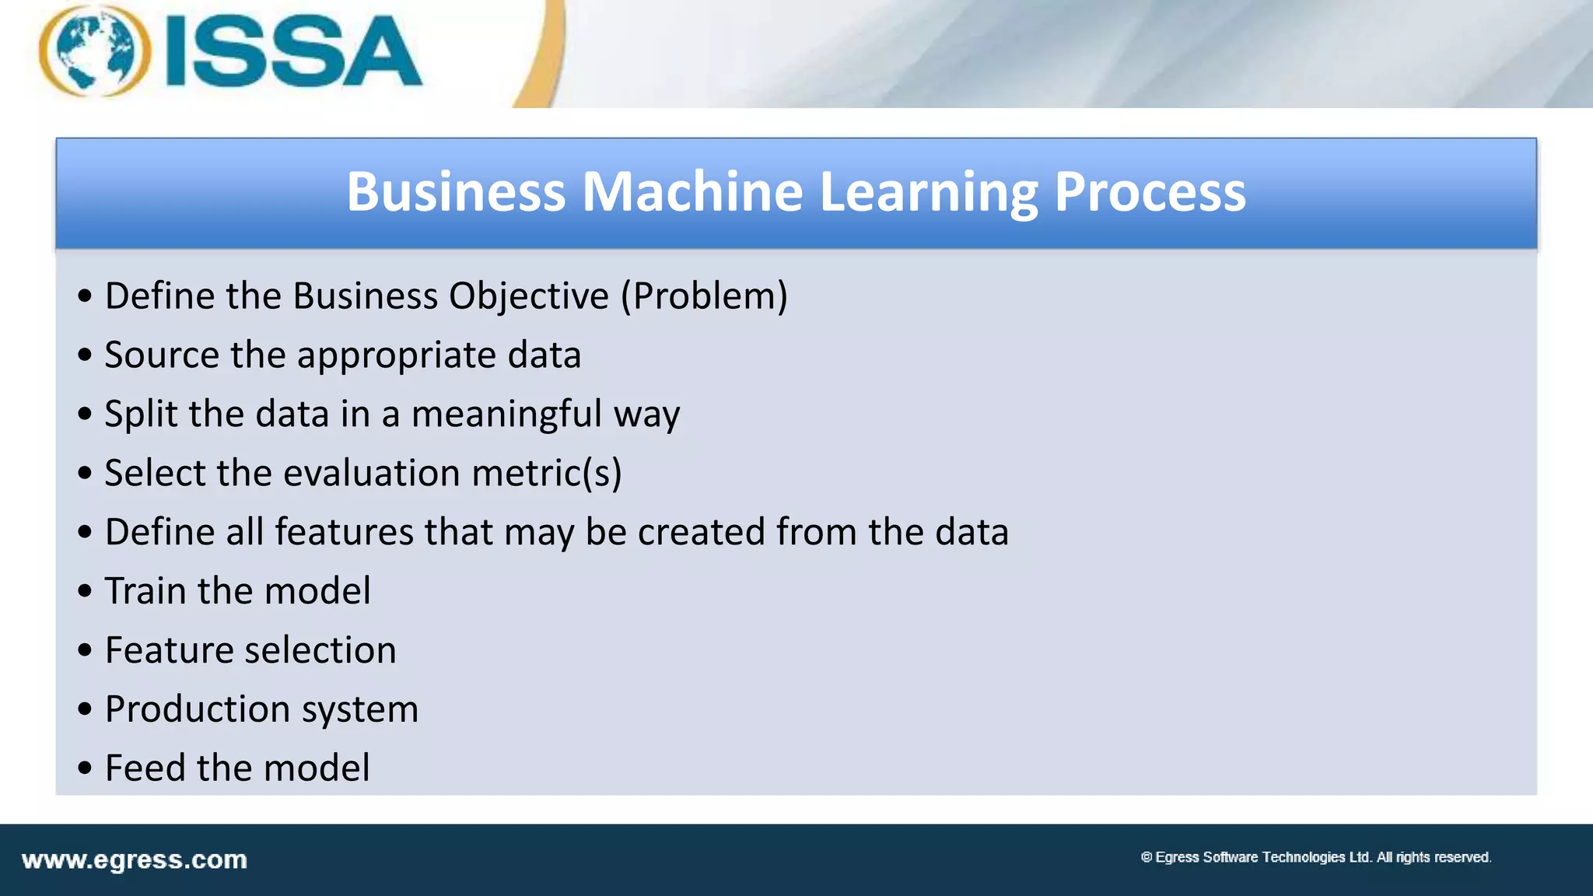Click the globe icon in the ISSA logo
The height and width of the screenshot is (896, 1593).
tap(94, 51)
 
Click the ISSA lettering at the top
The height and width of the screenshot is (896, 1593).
tap(294, 53)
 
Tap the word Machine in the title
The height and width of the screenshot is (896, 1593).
tap(692, 191)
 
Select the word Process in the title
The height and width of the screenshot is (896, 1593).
tap(1150, 191)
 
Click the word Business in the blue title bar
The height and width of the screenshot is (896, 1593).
tap(456, 191)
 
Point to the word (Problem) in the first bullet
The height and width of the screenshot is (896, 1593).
tap(704, 296)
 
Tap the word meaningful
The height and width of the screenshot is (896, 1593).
tap(506, 415)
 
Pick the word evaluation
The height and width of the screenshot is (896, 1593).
tap(372, 473)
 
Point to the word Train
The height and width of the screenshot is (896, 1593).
tap(145, 591)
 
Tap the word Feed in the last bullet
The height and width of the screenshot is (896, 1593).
tap(145, 768)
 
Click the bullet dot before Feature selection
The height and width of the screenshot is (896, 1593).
tap(85, 651)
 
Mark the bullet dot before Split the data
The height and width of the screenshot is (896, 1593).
tap(85, 415)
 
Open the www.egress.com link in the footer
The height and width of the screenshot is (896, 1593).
tap(135, 860)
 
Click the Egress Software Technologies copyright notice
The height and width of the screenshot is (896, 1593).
tap(1315, 857)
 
